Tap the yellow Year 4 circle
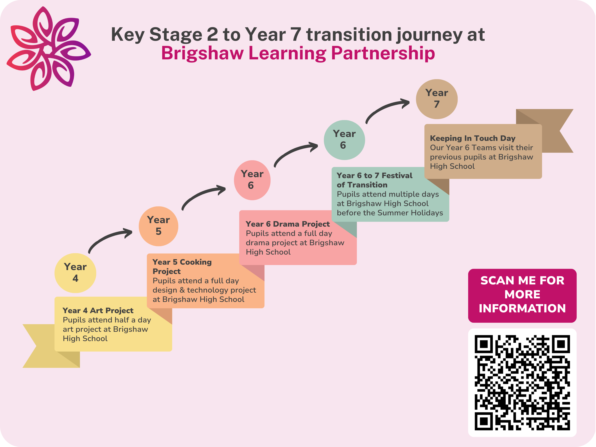click(75, 273)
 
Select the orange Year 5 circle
click(159, 226)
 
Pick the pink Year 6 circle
click(252, 180)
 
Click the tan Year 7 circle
click(437, 99)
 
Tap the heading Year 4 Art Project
click(98, 311)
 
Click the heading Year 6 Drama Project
click(288, 224)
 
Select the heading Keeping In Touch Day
click(473, 138)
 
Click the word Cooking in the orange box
click(196, 262)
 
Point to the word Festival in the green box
click(397, 176)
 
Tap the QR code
click(522, 383)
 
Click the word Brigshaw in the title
click(202, 53)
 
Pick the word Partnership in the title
click(383, 53)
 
